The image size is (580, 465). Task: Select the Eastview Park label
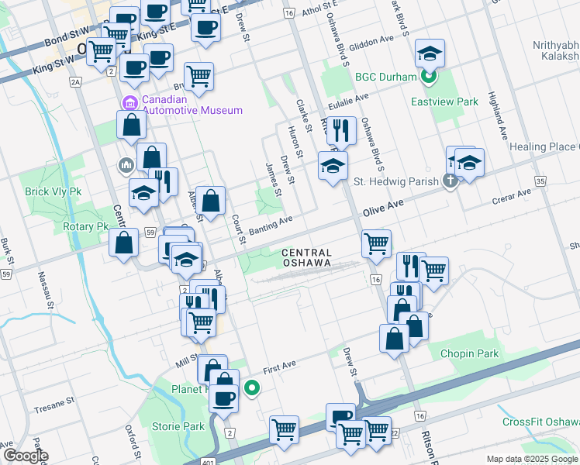444,102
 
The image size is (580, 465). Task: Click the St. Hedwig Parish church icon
449,181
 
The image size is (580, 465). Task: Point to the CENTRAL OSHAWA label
307,258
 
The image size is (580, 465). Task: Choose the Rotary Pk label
85,227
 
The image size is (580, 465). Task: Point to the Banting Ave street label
271,225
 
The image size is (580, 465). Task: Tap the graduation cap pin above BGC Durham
430,54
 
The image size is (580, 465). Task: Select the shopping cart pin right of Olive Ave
376,244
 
